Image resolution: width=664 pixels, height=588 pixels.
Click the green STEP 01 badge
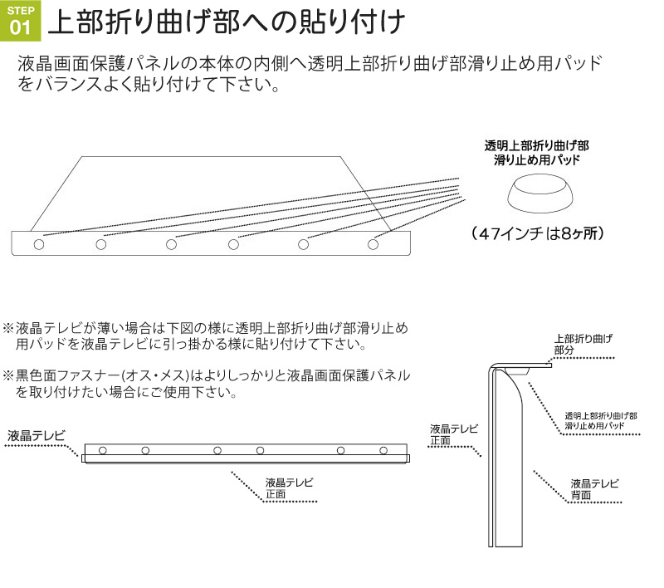point(20,21)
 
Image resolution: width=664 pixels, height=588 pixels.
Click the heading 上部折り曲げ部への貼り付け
point(227,22)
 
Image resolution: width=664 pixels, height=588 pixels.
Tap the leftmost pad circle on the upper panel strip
point(39,244)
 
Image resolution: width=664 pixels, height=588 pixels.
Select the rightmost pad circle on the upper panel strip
point(373,244)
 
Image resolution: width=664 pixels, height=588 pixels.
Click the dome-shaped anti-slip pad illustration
point(541,194)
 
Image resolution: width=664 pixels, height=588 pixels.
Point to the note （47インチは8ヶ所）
point(537,233)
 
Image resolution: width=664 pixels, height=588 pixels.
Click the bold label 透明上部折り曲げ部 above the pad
point(536,145)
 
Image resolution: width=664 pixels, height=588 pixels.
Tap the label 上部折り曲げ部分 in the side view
point(583,344)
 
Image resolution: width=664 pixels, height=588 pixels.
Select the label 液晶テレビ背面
point(594,489)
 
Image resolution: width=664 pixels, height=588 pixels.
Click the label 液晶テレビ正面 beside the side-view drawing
point(454,434)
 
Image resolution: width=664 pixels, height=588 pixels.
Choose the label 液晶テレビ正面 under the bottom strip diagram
point(289,488)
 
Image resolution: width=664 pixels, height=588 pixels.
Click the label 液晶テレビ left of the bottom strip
point(37,435)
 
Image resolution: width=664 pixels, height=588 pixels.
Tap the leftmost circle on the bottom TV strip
point(102,450)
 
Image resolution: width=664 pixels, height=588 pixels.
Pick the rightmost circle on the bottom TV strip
point(383,450)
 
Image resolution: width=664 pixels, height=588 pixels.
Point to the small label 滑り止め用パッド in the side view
point(594,426)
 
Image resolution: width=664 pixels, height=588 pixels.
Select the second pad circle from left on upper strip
point(100,244)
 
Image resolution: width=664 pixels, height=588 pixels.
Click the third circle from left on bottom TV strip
point(217,450)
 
